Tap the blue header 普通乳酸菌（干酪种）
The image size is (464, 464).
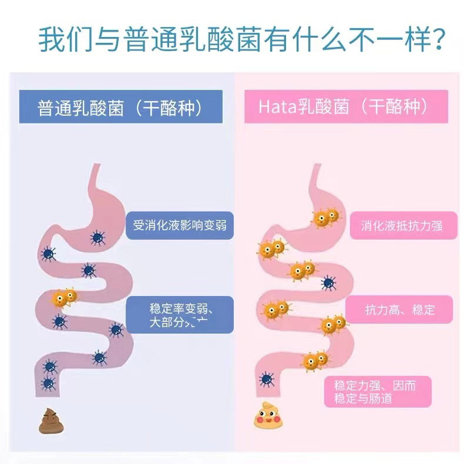(x=121, y=107)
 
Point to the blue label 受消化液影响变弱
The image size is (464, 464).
(x=180, y=225)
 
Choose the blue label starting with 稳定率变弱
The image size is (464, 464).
(x=180, y=315)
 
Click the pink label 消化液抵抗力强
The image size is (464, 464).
(x=395, y=225)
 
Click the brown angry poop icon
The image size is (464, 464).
(x=50, y=421)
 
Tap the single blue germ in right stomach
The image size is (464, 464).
(x=328, y=283)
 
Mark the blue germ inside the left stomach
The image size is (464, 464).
(x=97, y=237)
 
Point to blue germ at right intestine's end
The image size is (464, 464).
(x=267, y=378)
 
